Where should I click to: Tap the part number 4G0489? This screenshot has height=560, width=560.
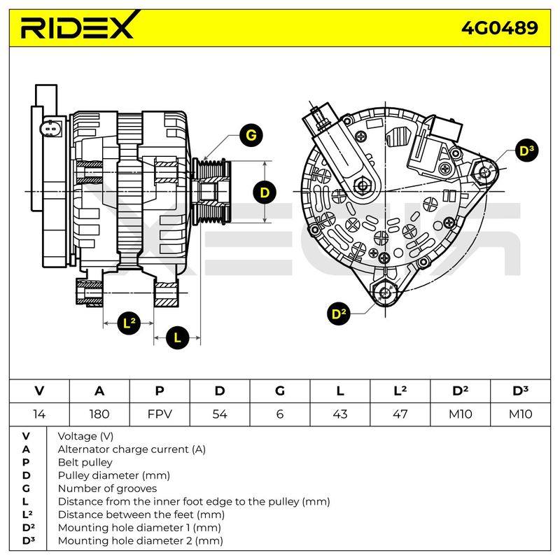point(499,28)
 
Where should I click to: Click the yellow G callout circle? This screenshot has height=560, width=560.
point(251,135)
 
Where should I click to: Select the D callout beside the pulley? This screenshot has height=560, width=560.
point(265,193)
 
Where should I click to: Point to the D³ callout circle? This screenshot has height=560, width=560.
point(527,150)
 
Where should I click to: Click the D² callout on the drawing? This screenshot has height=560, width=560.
point(339,314)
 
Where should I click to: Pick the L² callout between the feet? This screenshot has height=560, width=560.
point(129,323)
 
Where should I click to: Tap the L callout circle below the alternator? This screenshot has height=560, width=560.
point(177,337)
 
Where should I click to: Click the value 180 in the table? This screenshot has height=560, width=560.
point(99,414)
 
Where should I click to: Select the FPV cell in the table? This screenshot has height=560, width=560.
point(160,414)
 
